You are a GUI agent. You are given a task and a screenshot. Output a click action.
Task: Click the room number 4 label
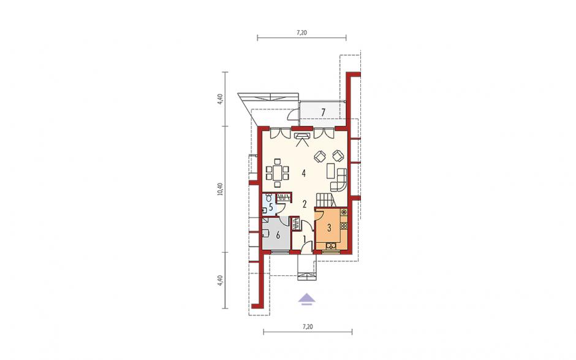pos(304,173)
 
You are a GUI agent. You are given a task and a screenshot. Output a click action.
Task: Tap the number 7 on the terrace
pos(323,112)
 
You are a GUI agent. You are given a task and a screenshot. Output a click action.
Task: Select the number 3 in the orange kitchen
pos(329,228)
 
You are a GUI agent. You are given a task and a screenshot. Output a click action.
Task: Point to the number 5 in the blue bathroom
pos(271,207)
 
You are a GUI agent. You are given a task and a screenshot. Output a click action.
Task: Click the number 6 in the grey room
pos(278,235)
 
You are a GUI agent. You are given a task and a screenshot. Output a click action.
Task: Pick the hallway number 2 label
pos(305,204)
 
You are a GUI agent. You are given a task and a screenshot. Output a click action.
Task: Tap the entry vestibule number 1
pos(305,240)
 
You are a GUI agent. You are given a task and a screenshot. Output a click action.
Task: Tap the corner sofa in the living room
pos(340,180)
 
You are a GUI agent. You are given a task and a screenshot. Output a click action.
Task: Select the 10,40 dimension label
pos(221,189)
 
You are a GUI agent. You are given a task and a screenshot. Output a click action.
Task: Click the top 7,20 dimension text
pos(301,33)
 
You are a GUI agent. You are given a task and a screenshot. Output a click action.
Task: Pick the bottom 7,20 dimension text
pos(308,326)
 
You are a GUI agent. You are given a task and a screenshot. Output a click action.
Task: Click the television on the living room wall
pos(302,136)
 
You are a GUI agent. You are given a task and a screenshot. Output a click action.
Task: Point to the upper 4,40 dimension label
pos(221,99)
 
